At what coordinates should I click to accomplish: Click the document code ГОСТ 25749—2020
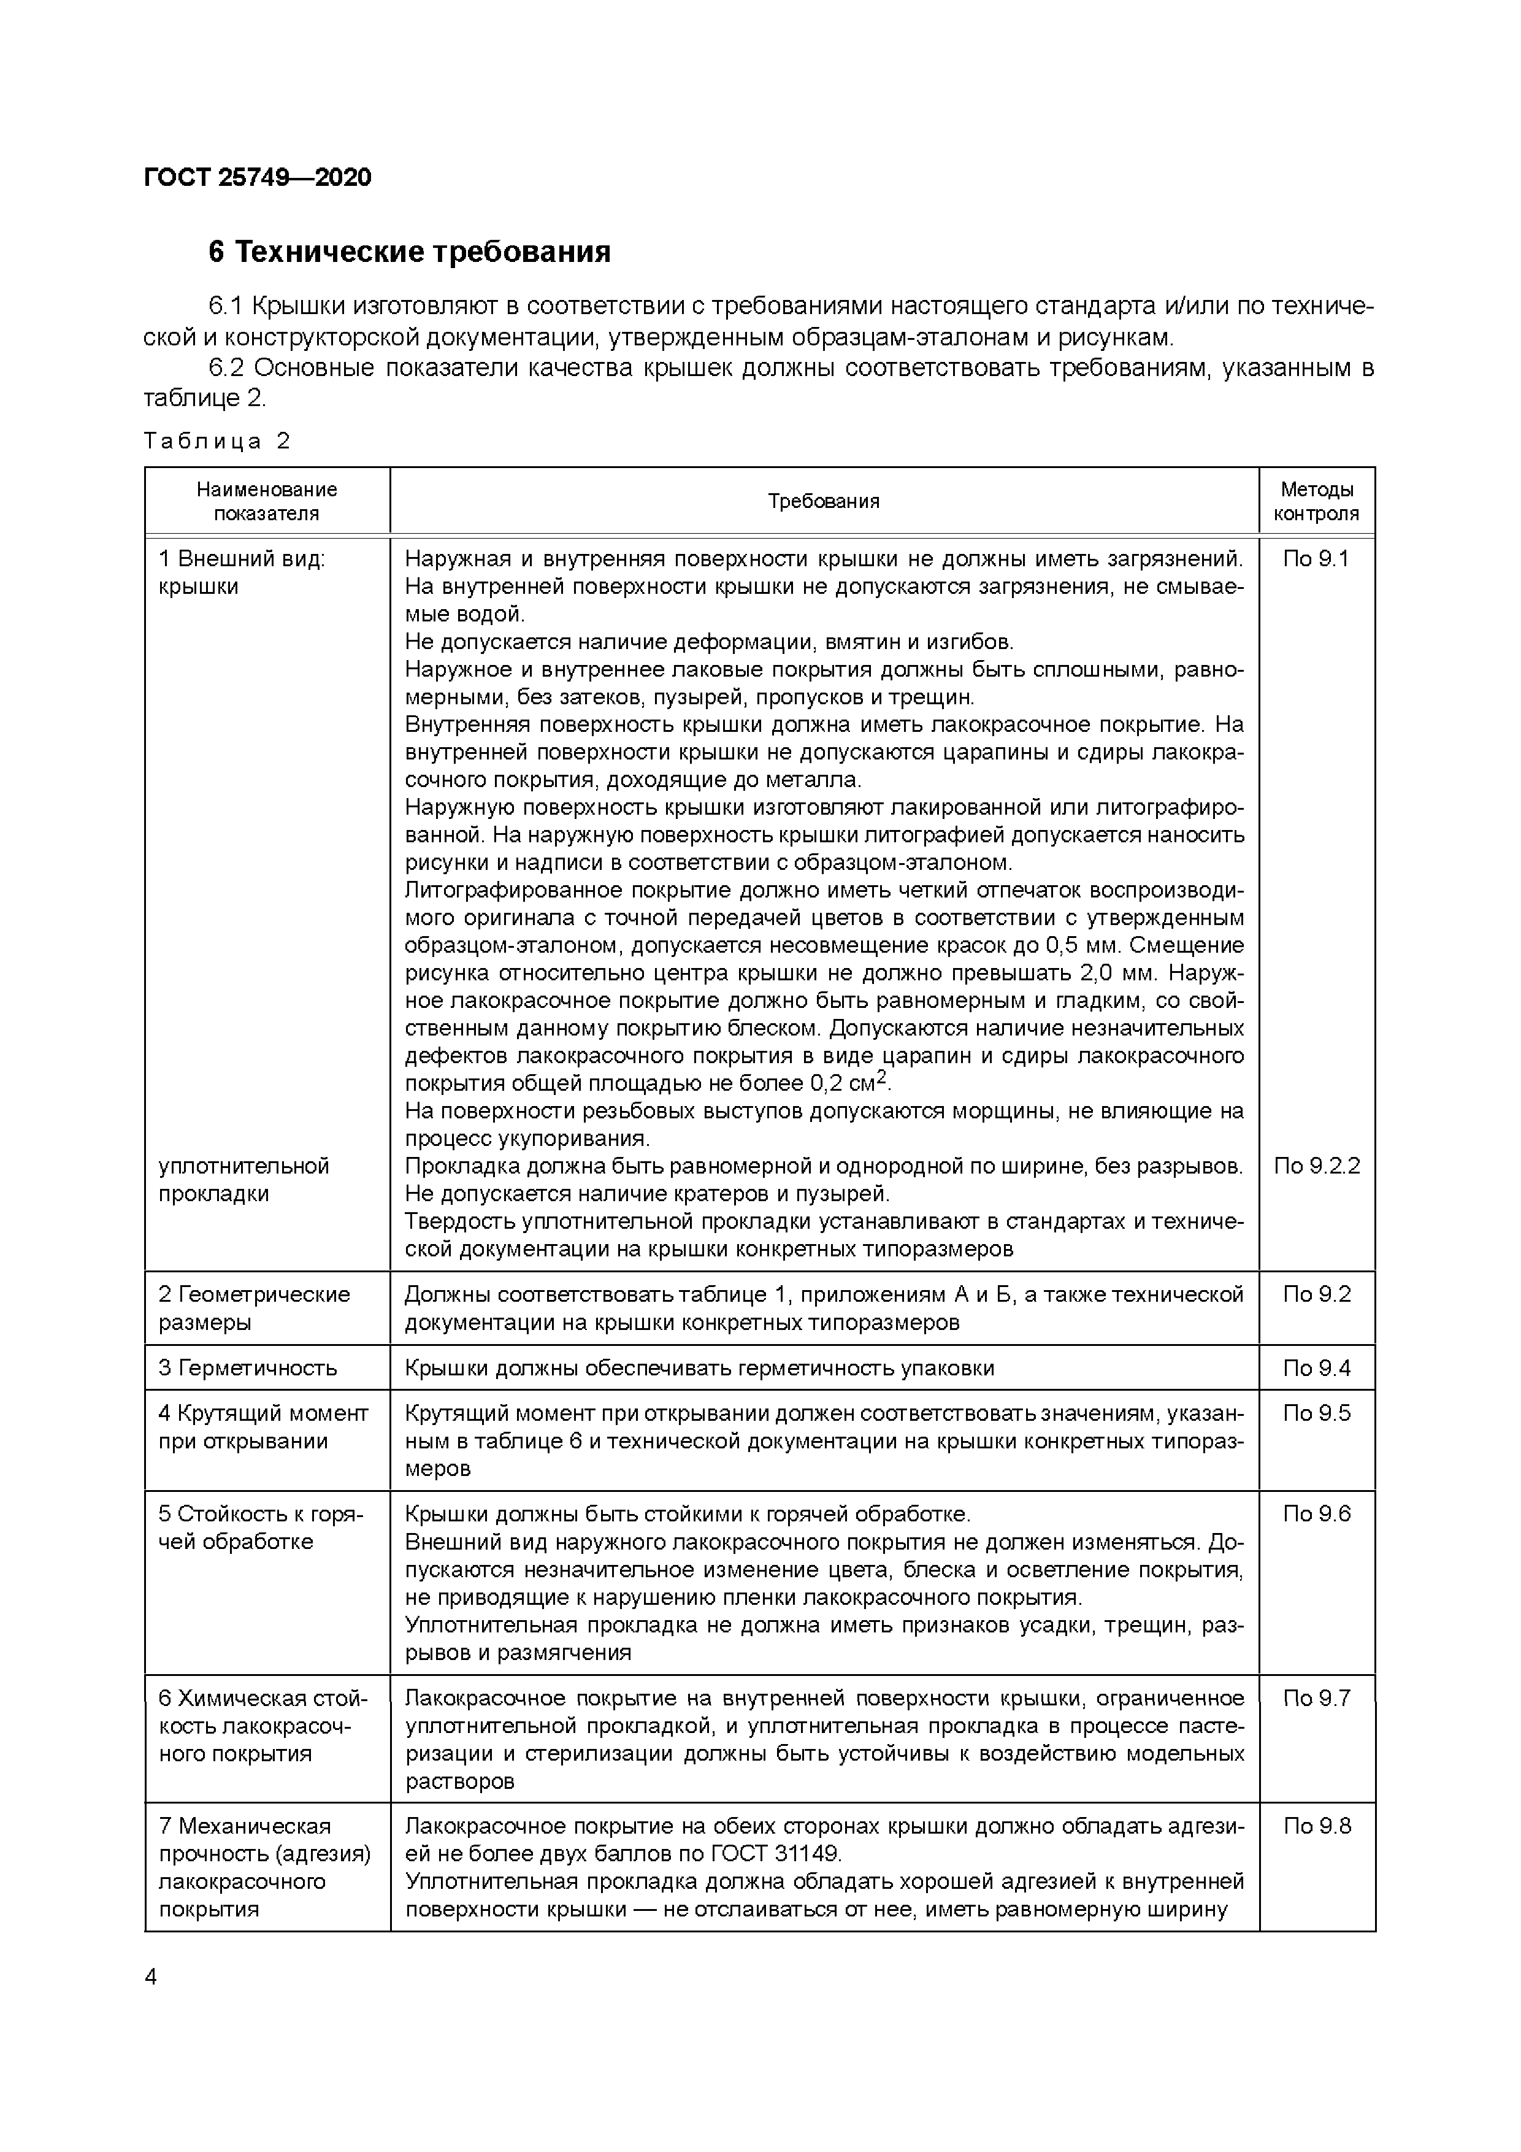(258, 177)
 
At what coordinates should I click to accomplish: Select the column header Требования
(824, 501)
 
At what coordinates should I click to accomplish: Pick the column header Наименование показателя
(267, 501)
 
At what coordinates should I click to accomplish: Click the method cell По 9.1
(1316, 559)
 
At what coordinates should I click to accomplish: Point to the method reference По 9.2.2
(1316, 1166)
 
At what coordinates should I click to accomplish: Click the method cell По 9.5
(1316, 1413)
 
